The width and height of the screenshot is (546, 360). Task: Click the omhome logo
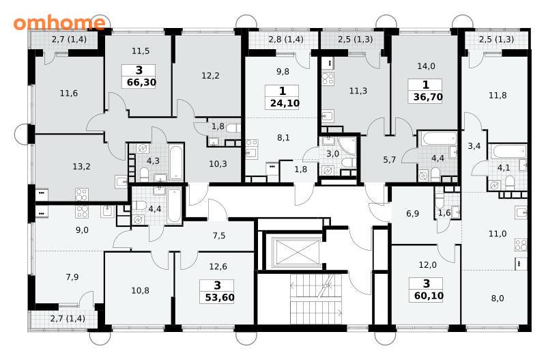59,23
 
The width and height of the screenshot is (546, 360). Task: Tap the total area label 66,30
141,83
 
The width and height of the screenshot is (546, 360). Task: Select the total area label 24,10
285,103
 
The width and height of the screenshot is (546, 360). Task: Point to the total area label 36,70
428,96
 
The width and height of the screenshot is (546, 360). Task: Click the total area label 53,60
220,298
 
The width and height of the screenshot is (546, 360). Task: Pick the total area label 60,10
429,296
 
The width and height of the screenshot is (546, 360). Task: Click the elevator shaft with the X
297,251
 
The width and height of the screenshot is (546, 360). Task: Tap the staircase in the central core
317,299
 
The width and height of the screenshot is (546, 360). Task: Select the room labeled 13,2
81,167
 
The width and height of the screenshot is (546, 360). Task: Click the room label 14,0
426,66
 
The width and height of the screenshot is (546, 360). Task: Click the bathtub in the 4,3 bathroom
176,162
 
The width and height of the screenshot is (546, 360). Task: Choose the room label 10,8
141,290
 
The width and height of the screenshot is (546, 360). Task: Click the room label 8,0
498,299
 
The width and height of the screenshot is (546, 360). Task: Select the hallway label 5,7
389,160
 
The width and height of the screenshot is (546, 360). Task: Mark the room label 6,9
413,213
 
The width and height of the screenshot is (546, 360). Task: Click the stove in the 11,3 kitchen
328,79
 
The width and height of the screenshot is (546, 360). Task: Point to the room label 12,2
210,75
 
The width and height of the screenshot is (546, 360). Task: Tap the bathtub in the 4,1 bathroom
508,151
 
